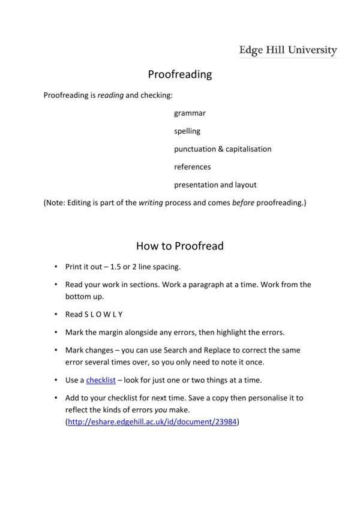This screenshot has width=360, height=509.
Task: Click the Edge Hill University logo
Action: click(x=288, y=50)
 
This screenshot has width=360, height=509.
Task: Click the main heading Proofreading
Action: click(x=180, y=74)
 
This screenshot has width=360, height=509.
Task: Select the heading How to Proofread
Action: click(x=180, y=245)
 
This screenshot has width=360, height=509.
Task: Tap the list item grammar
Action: click(x=190, y=113)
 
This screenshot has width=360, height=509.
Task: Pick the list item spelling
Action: click(x=187, y=131)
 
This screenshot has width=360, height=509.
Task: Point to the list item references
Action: click(x=193, y=167)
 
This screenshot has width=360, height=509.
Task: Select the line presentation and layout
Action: click(x=215, y=185)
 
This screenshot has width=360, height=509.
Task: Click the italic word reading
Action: click(x=110, y=95)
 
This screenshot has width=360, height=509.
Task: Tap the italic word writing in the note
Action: click(x=151, y=203)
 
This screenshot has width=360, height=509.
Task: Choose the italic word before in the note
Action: click(x=243, y=203)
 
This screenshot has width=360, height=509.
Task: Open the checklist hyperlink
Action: click(x=101, y=380)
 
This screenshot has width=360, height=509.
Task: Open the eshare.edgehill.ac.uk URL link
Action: click(x=152, y=422)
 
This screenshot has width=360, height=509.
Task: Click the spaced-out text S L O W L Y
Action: click(x=104, y=314)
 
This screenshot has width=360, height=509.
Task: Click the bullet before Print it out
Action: click(x=55, y=266)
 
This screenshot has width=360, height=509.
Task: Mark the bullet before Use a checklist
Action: click(x=55, y=380)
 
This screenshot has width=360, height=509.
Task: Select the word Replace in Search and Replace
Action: click(x=259, y=350)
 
